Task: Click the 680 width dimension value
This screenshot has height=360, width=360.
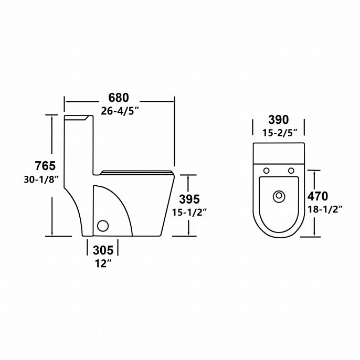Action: click(x=119, y=98)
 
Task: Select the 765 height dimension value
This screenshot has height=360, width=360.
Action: click(x=45, y=166)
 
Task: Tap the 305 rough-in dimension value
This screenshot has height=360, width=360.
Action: click(x=103, y=250)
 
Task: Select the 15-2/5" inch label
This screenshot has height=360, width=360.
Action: click(x=279, y=132)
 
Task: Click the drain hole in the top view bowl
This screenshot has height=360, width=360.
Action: click(x=279, y=197)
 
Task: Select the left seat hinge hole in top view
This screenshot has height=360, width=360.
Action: click(x=267, y=171)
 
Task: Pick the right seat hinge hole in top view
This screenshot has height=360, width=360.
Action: click(x=291, y=171)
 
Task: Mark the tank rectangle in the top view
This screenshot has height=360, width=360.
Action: click(x=279, y=153)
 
